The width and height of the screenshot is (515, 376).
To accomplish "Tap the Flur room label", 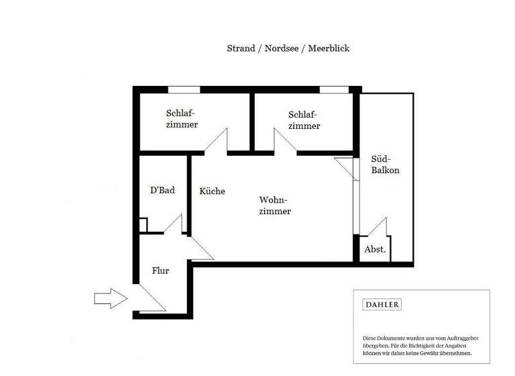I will (160, 271).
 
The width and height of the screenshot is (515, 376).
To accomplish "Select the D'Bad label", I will (162, 191).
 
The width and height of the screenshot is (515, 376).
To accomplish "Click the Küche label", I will (213, 191).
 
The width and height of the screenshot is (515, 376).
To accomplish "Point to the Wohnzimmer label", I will (274, 206).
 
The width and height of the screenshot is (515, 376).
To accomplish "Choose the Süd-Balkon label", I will (385, 165).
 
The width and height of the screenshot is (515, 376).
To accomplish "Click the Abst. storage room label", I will (375, 250).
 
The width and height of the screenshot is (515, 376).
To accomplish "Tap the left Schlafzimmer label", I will (182, 119).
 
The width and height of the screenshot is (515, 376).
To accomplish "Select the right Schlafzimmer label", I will (304, 120).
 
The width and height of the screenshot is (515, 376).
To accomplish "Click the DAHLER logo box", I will (382, 305).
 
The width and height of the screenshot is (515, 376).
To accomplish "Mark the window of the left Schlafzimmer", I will (184, 89).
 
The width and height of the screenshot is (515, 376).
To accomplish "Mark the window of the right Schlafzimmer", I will (333, 89).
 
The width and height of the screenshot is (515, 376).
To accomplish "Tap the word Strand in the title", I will (241, 48).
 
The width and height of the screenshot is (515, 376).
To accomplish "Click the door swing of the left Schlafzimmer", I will (218, 142).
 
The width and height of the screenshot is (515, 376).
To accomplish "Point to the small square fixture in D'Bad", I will (143, 225).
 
